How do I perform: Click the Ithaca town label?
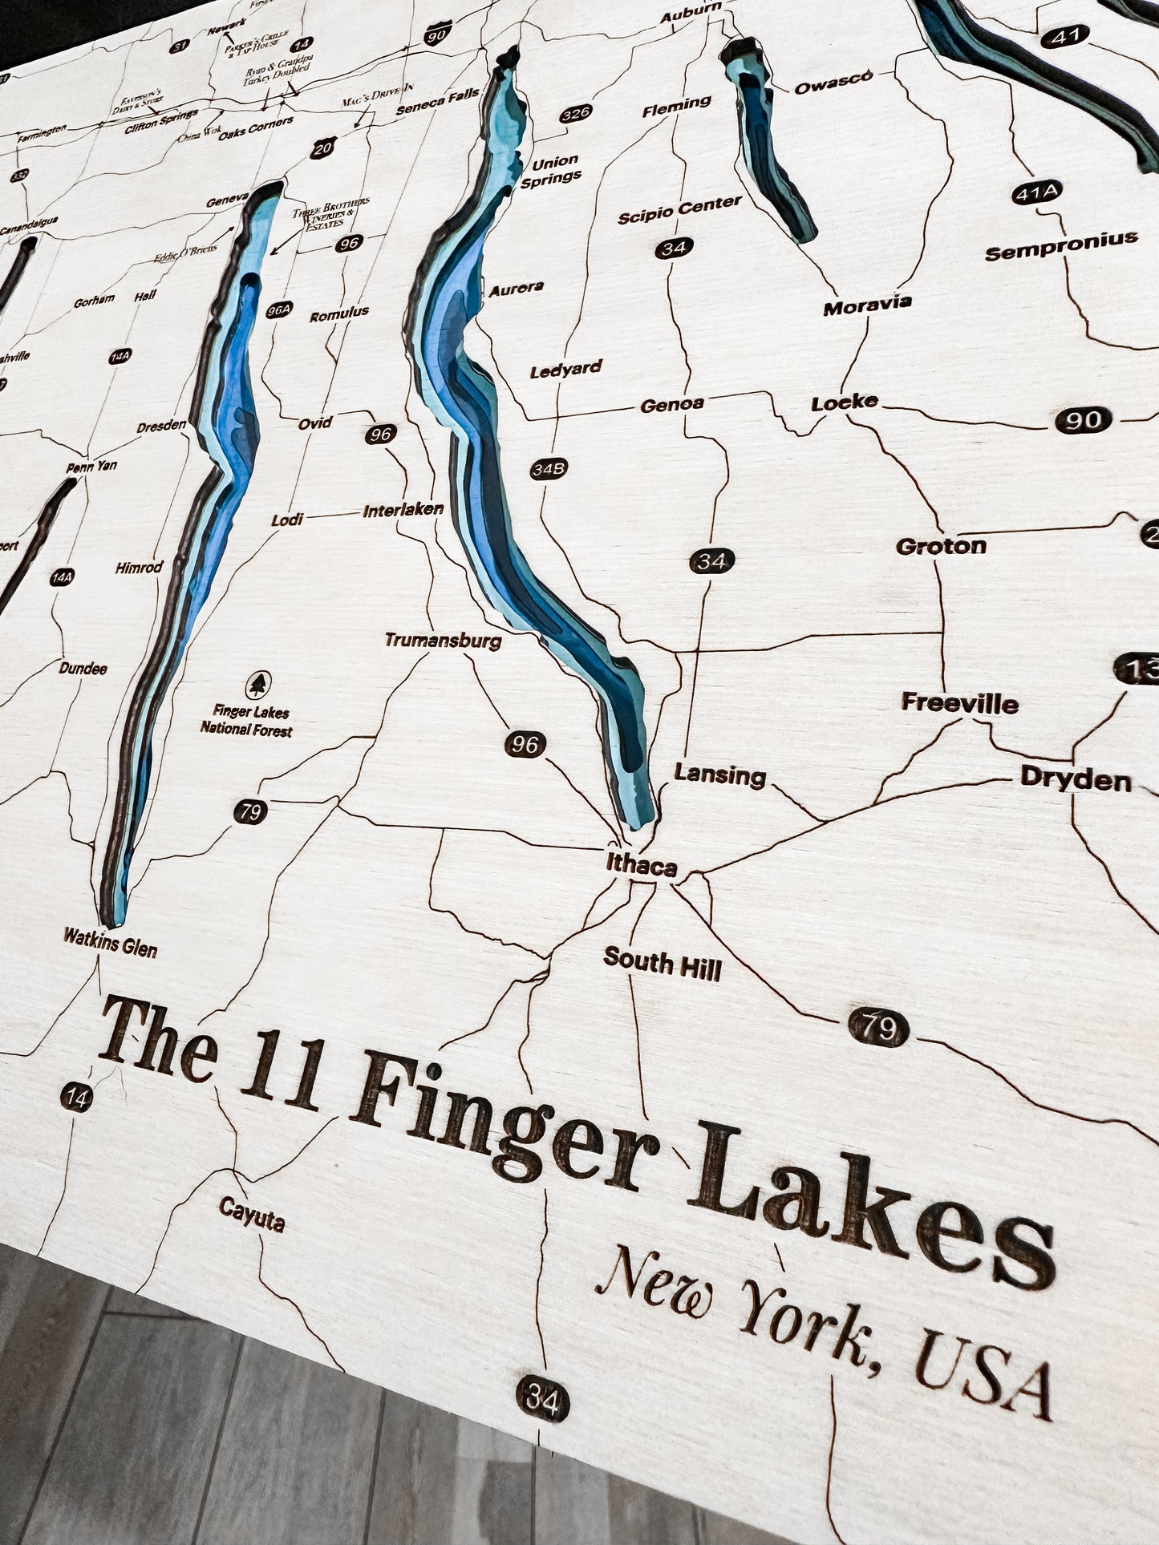[x=642, y=865]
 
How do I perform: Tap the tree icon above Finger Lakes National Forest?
[x=257, y=684]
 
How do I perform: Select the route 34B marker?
[x=549, y=469]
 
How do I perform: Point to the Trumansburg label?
[x=443, y=640]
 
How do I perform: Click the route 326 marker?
[x=576, y=113]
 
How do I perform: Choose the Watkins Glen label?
[x=111, y=943]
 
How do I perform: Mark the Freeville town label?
[x=959, y=703]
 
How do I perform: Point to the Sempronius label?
[x=1061, y=246]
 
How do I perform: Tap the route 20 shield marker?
[x=322, y=147]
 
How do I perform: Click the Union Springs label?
[x=551, y=170]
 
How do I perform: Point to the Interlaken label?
[x=403, y=510]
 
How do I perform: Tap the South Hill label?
[x=663, y=963]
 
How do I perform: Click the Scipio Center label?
[x=679, y=209]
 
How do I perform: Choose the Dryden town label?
[x=1075, y=779]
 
